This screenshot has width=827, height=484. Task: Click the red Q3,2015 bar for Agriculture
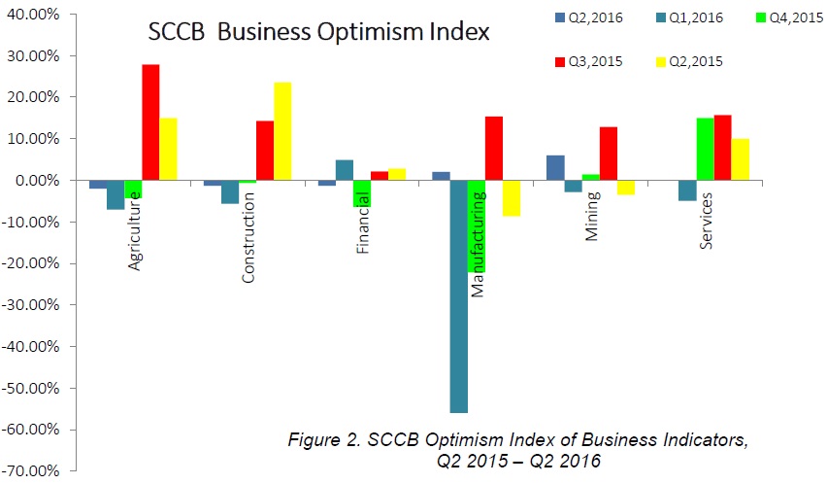150,122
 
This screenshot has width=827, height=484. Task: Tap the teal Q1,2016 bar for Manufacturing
458,296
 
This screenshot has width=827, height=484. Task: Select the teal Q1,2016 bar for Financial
345,170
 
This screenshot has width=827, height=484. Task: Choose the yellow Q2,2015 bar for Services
741,159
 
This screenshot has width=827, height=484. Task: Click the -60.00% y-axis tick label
29,430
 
